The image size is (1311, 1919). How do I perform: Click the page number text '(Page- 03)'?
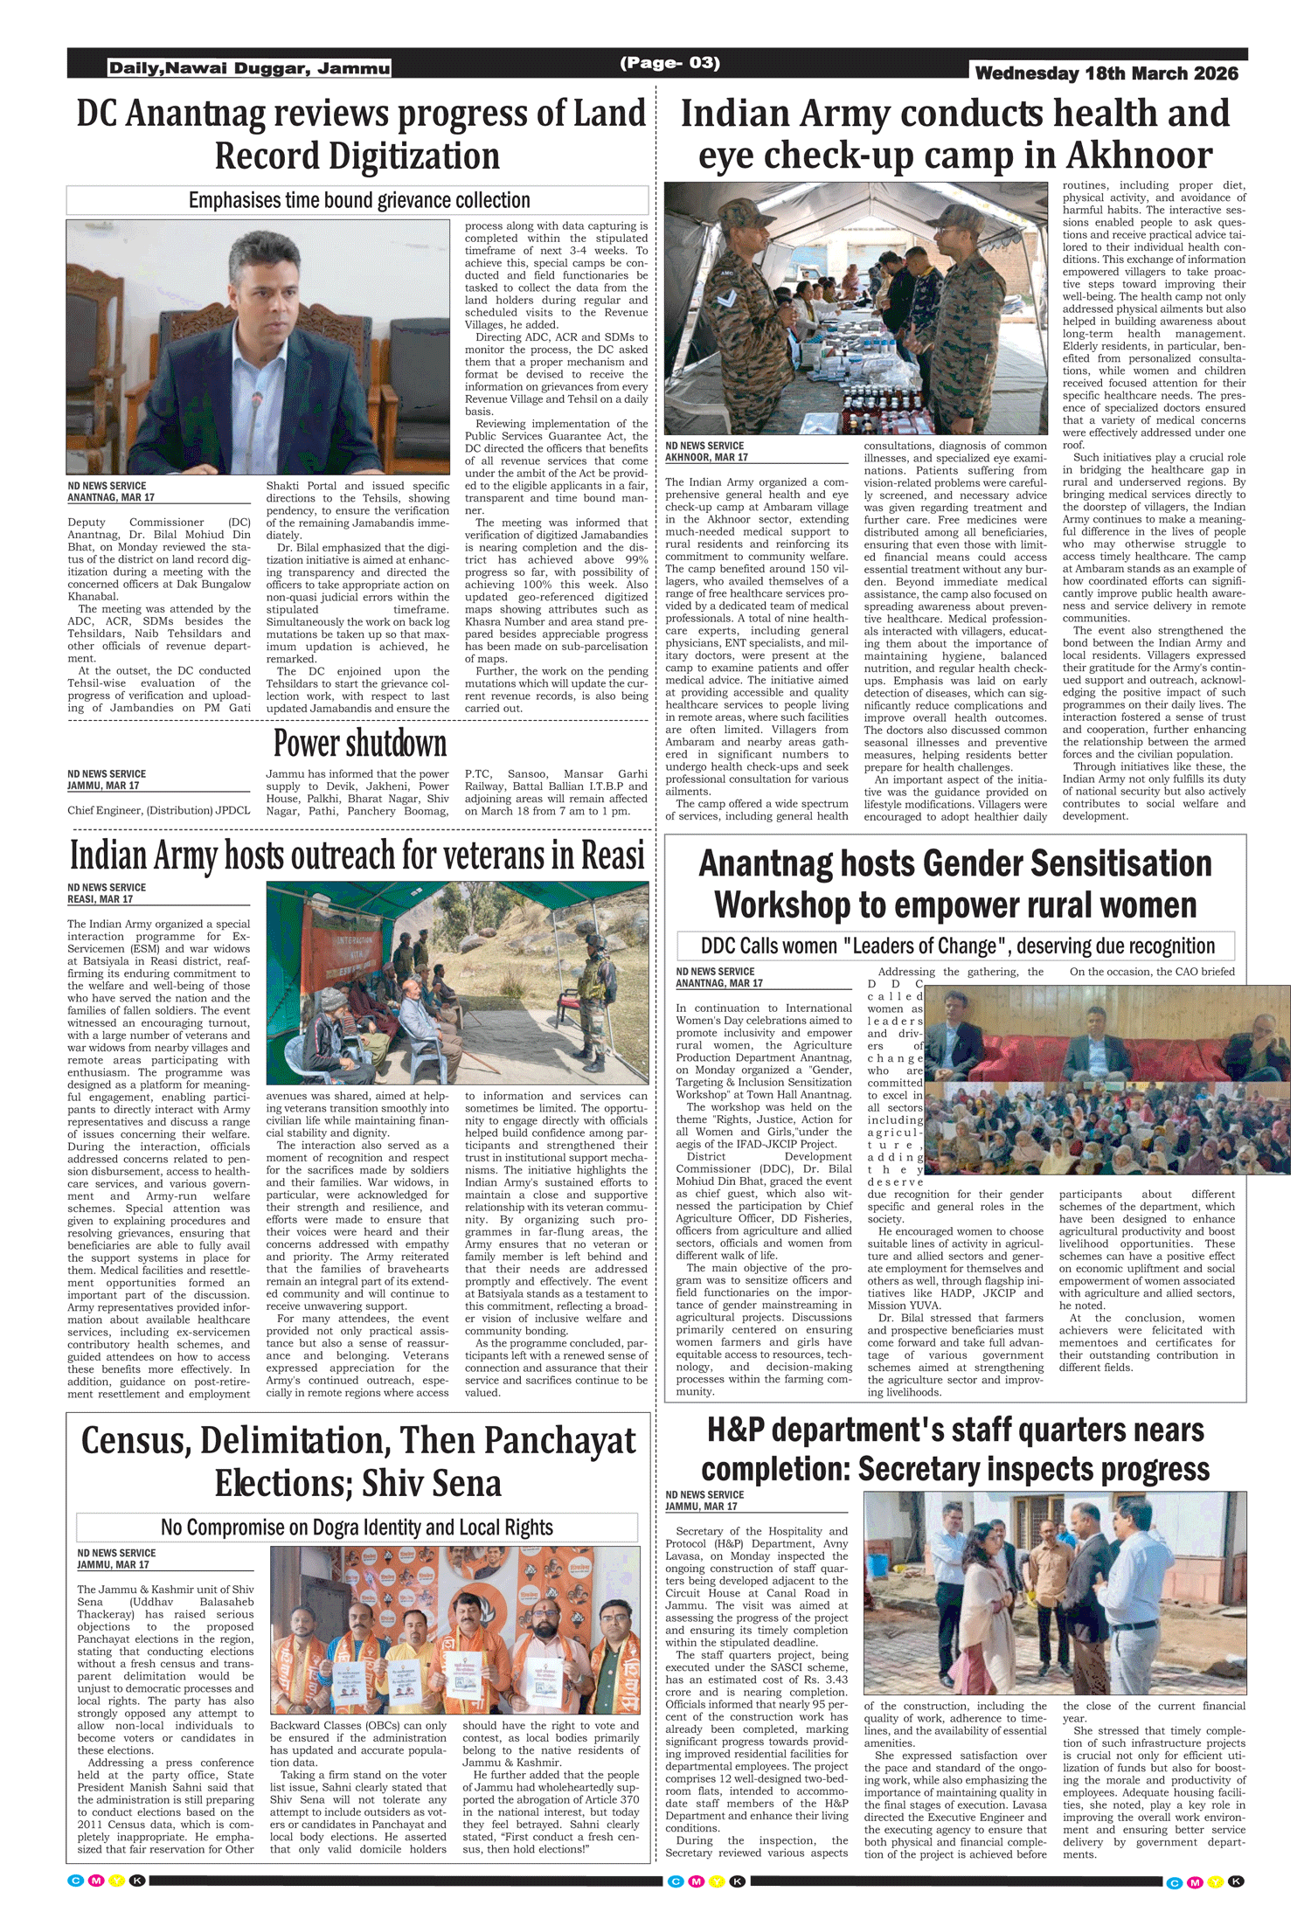[669, 63]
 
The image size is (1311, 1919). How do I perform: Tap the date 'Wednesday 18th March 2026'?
[1106, 73]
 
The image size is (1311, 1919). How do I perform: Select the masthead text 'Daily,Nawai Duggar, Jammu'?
[249, 68]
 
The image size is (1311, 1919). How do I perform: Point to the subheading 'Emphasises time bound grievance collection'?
[359, 200]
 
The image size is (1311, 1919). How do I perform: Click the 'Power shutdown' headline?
[360, 744]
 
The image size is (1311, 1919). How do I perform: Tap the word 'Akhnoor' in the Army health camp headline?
[1139, 156]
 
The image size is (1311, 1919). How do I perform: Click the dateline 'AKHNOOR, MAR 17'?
[706, 457]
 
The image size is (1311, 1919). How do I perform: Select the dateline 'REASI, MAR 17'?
[101, 899]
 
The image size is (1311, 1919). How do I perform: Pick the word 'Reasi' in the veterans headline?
[607, 855]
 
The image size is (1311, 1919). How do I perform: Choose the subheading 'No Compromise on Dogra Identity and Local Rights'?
[357, 1528]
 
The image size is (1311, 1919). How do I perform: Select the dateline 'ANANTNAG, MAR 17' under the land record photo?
[111, 497]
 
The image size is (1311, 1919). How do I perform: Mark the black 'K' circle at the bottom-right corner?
[1236, 1881]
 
